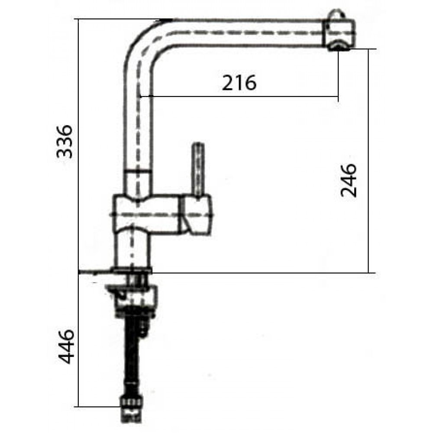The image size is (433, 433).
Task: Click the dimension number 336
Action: point(65,142)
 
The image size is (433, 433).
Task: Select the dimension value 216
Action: point(239,83)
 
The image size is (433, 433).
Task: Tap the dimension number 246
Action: point(349,180)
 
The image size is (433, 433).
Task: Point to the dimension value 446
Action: point(66,346)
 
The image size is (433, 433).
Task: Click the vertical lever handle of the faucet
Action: point(198,170)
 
